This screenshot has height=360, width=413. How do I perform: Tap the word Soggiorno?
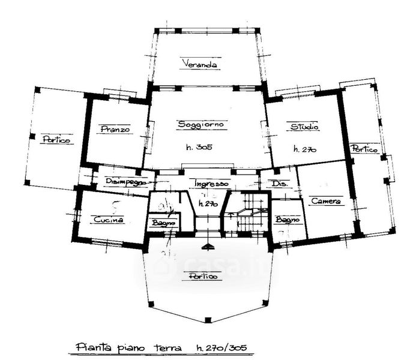[x=200, y=124]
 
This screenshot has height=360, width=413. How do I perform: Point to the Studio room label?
[x=304, y=127]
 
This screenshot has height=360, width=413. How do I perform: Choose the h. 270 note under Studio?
[x=304, y=148]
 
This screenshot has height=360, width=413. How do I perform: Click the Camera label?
[x=326, y=202]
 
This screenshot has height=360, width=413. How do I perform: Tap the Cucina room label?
[x=109, y=220]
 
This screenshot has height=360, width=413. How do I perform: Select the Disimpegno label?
[x=126, y=182]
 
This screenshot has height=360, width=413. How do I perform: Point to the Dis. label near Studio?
[x=277, y=183]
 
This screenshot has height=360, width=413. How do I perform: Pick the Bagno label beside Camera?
[x=287, y=220]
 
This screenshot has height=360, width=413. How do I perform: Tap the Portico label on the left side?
[x=56, y=140]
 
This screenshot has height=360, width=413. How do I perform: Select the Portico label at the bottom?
[x=200, y=277]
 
